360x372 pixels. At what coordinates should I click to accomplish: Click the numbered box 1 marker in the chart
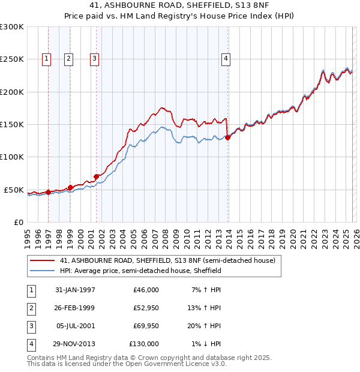click(x=47, y=58)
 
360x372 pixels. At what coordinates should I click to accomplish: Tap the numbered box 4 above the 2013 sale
click(x=226, y=58)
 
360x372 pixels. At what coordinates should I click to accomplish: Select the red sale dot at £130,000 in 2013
click(x=228, y=138)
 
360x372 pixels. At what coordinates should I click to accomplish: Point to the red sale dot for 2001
click(x=96, y=176)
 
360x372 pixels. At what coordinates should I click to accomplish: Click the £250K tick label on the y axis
click(x=12, y=59)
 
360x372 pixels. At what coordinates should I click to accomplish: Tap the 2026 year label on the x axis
click(x=355, y=236)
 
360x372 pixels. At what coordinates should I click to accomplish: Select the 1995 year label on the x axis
click(x=28, y=236)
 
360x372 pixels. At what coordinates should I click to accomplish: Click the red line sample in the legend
click(x=43, y=261)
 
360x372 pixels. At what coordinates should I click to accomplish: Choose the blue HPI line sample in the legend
click(x=43, y=271)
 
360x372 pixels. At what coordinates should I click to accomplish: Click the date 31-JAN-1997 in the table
click(x=75, y=290)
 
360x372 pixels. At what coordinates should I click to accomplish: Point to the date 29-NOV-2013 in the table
click(x=75, y=344)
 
